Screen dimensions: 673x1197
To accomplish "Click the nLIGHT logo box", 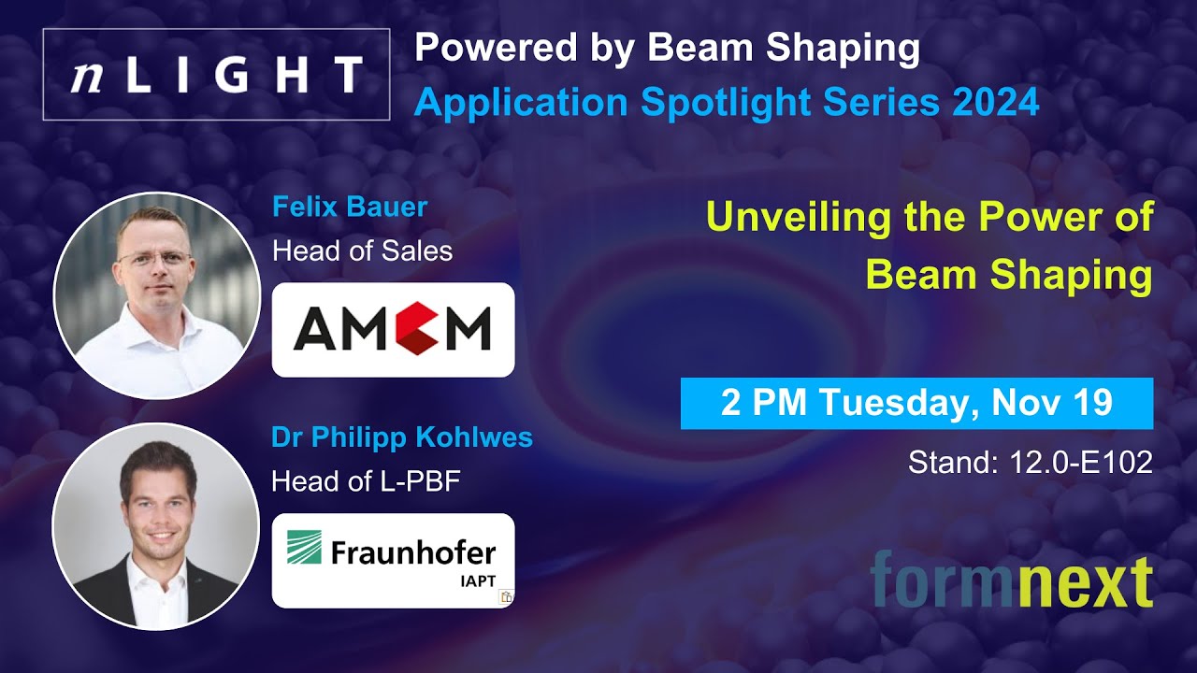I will [x=216, y=74].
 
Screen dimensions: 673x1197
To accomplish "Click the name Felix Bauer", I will [x=350, y=206].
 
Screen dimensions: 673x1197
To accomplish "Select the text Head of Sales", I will [x=362, y=250].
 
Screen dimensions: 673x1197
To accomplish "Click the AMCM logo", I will [x=393, y=329].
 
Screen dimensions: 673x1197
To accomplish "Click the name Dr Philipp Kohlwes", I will [x=402, y=437].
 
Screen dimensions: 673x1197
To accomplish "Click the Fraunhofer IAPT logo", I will [x=393, y=559].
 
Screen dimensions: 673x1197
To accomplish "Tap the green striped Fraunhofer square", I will [x=304, y=548].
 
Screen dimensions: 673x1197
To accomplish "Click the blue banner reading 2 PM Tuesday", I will [x=916, y=403].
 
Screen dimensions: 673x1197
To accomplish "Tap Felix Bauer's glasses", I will [x=155, y=258].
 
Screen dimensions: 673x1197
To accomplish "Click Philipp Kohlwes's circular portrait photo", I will [x=155, y=525].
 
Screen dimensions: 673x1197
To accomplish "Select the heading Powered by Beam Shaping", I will [x=667, y=49].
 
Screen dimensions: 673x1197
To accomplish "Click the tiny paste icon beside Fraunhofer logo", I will [x=506, y=596].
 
